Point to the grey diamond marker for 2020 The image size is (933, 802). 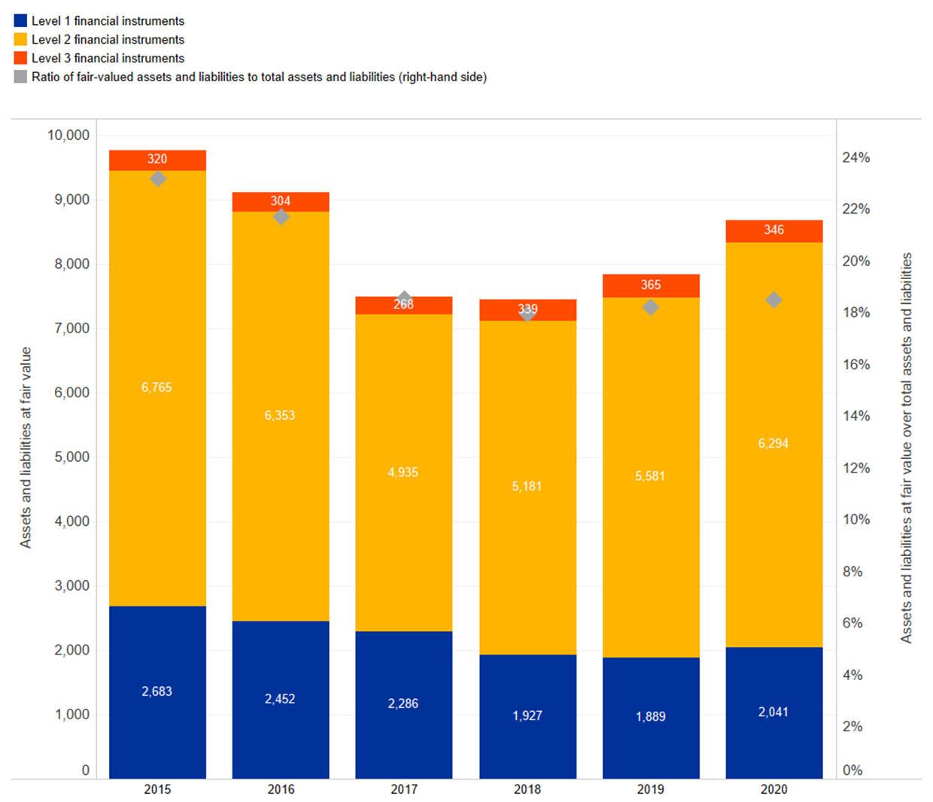[773, 300]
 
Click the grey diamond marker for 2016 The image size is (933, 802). [281, 217]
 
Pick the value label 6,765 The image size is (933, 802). [157, 387]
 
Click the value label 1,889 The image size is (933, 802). [651, 716]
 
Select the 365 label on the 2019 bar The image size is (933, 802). [651, 285]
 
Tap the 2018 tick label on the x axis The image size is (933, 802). [527, 789]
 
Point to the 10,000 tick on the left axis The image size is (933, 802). [68, 135]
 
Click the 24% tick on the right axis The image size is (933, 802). [856, 158]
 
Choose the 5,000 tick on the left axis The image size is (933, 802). [72, 457]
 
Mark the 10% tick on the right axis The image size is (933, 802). [856, 520]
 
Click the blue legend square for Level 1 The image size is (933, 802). [20, 21]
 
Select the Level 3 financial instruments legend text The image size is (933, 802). [108, 59]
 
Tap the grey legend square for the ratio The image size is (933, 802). [20, 77]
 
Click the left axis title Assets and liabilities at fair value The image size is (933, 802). [26, 448]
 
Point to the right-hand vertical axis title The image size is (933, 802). [907, 448]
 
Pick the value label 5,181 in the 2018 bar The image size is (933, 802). [527, 487]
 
